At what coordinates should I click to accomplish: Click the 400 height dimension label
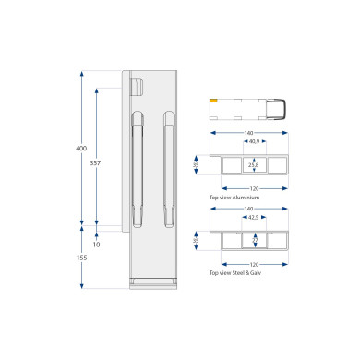81,149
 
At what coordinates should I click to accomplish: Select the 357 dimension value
95,163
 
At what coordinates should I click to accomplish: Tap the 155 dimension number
82,258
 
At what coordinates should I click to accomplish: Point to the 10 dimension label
96,245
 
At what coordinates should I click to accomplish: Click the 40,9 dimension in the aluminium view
254,141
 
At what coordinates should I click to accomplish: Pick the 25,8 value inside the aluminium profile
254,165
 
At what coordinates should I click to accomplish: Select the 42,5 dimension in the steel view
253,217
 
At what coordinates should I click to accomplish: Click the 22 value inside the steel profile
255,241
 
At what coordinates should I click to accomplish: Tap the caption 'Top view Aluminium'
234,198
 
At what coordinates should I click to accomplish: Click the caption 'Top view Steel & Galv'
235,273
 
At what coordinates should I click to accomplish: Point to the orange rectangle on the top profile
213,101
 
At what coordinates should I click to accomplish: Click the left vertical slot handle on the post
138,169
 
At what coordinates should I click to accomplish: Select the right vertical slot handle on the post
169,169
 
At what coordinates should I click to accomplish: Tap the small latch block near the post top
138,87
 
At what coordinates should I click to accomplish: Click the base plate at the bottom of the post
153,283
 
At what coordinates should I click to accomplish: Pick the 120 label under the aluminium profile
254,188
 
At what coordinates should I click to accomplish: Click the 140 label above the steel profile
248,209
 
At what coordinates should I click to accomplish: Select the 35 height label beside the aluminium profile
196,165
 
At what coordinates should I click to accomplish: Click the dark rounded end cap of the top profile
276,109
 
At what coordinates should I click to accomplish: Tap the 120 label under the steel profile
254,265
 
